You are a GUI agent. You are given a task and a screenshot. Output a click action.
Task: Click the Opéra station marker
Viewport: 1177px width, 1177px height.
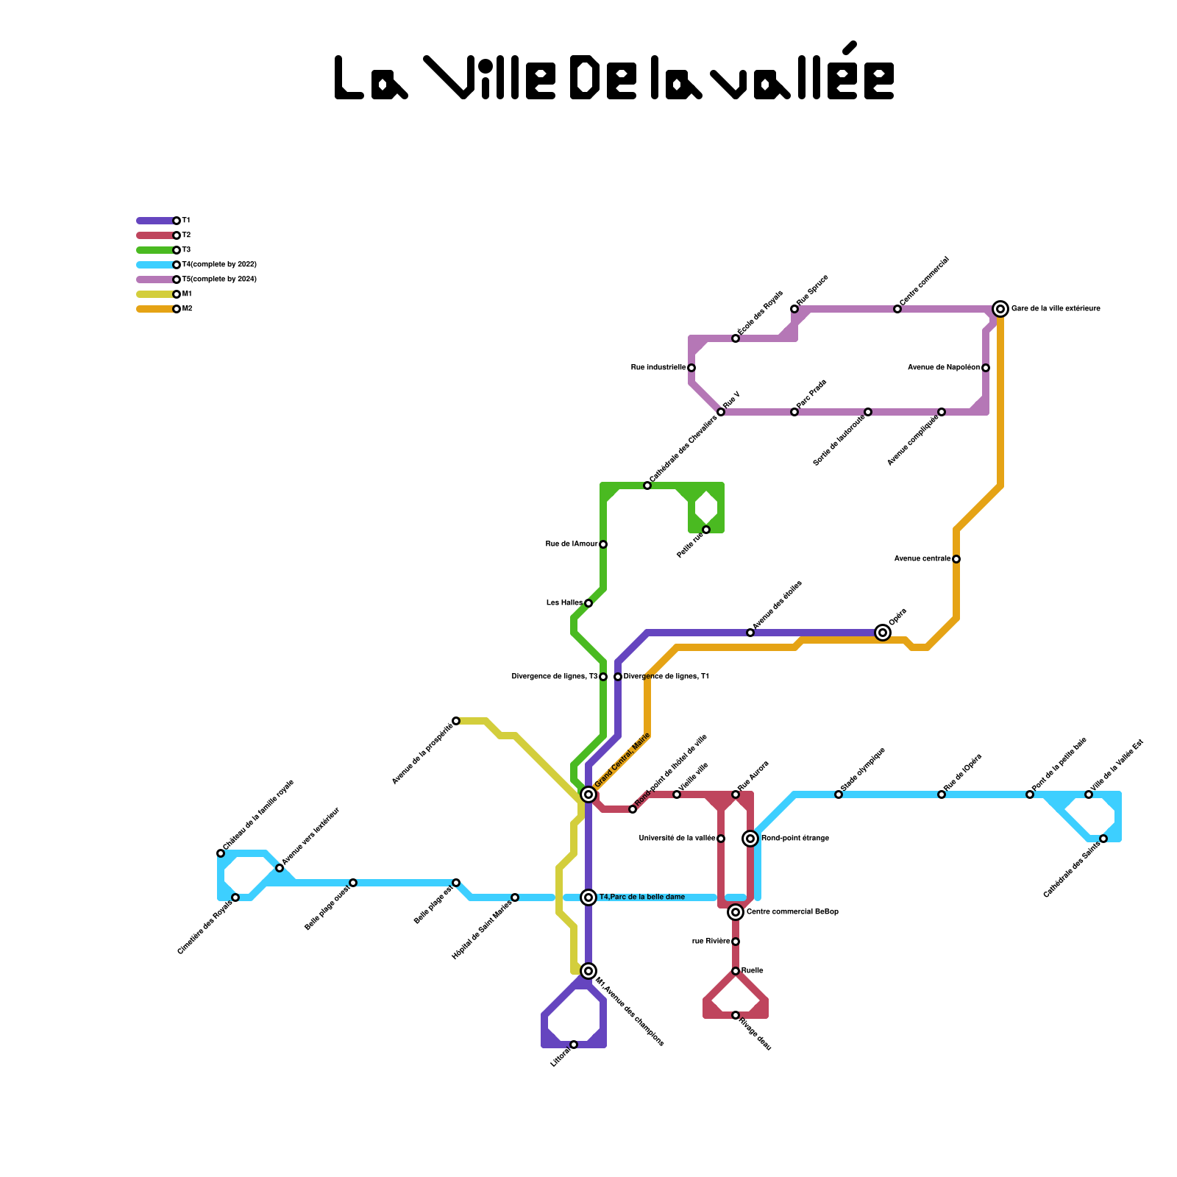click(883, 633)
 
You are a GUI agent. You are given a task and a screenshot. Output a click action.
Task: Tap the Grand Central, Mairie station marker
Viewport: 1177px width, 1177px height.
click(588, 794)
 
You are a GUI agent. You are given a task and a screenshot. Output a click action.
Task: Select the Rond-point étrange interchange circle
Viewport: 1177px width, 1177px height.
click(750, 839)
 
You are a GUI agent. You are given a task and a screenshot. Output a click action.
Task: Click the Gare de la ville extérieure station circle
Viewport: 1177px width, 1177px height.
click(1000, 309)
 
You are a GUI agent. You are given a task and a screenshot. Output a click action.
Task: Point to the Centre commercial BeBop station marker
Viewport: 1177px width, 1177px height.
click(736, 912)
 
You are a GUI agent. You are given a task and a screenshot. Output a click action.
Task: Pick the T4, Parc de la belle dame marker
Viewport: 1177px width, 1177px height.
click(588, 897)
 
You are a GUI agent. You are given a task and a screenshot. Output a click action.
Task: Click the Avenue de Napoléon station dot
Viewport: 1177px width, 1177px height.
click(986, 368)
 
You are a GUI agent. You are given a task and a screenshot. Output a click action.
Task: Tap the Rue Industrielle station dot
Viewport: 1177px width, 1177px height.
click(691, 368)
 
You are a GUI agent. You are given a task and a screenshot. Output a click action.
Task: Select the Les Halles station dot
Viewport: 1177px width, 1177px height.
click(588, 603)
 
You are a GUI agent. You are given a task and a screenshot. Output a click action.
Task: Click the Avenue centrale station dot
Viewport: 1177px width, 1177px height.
click(956, 559)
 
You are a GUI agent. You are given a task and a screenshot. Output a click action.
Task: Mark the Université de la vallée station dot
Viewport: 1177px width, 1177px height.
click(721, 839)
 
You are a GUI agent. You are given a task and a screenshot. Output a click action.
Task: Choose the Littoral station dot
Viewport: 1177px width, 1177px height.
click(574, 1045)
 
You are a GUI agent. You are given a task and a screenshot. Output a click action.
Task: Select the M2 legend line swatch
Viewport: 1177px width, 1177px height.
click(156, 309)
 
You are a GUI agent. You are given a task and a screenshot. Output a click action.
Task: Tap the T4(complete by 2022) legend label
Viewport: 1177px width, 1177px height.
click(219, 265)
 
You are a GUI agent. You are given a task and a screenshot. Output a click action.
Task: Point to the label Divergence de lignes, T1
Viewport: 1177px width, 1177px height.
click(666, 677)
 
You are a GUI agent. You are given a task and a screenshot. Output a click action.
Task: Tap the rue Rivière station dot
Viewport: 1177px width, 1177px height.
click(736, 942)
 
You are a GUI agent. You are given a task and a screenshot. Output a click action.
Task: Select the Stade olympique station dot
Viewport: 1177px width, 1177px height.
click(839, 794)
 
